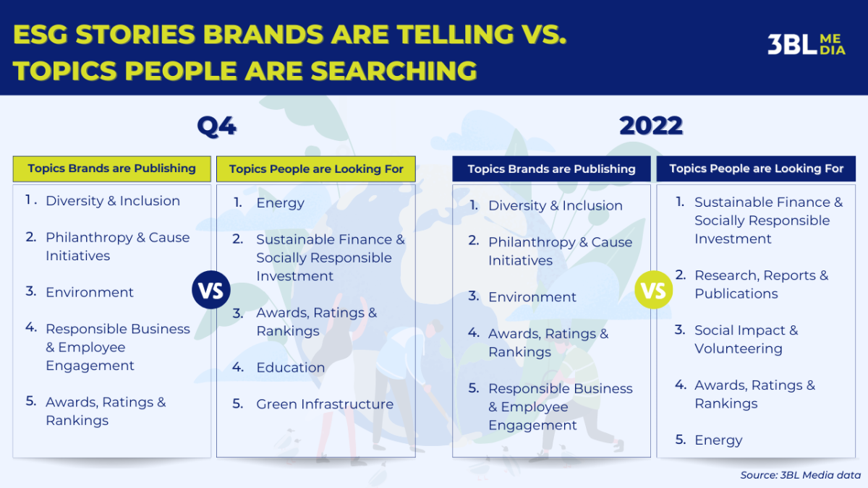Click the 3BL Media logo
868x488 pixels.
point(807,45)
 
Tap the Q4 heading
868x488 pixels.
point(216,127)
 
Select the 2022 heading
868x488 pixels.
point(651,126)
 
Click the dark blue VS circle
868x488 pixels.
point(211,290)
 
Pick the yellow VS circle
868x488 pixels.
point(654,290)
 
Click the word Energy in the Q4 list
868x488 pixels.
point(280,203)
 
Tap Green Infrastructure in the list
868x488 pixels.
point(325,404)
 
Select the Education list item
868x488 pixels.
point(291,367)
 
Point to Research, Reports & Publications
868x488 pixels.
point(761,284)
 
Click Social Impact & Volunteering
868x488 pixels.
point(746,339)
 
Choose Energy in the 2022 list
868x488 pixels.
point(718,440)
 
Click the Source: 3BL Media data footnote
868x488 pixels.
point(800,475)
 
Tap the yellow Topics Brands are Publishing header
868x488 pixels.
point(112,169)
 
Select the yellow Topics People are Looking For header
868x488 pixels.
point(316,169)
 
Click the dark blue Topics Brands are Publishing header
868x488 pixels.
point(551,169)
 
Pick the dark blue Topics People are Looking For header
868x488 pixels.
point(756,169)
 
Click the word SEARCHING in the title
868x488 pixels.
point(393,71)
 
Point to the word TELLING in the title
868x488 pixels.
point(455,35)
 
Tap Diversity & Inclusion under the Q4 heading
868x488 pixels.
point(113,201)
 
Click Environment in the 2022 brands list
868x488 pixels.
point(532,297)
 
